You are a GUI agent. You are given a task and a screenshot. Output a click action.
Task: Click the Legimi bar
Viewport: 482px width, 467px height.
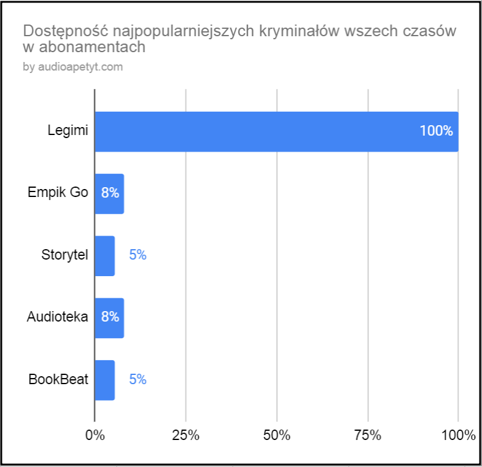pyautogui.click(x=276, y=131)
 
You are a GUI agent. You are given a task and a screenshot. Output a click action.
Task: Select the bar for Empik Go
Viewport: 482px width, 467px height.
pyautogui.click(x=109, y=193)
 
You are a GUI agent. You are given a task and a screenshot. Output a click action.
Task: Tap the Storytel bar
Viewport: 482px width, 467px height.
pyautogui.click(x=104, y=255)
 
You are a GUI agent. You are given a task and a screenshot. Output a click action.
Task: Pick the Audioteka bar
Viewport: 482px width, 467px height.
pyautogui.click(x=109, y=317)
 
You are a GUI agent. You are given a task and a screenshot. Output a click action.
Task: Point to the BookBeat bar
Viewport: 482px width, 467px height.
pyautogui.click(x=104, y=380)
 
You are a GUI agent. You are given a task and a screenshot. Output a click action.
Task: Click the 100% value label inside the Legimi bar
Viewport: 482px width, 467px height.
pyautogui.click(x=436, y=131)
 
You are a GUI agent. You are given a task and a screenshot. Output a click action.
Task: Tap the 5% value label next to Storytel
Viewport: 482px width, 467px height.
pyautogui.click(x=138, y=255)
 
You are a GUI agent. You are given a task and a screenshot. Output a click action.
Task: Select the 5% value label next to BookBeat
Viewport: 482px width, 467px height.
pyautogui.click(x=138, y=380)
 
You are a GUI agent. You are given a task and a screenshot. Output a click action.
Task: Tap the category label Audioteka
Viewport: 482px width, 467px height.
pyautogui.click(x=58, y=317)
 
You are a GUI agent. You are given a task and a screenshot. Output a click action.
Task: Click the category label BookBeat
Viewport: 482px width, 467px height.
pyautogui.click(x=58, y=380)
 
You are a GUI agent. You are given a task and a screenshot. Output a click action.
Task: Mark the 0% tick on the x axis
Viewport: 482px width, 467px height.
pyautogui.click(x=95, y=436)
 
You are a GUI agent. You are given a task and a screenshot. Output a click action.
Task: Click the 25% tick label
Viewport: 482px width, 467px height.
pyautogui.click(x=185, y=436)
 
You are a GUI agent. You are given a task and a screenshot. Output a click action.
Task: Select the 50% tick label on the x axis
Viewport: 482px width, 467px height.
pyautogui.click(x=276, y=436)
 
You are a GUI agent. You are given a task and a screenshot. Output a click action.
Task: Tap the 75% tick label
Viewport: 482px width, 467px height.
pyautogui.click(x=367, y=436)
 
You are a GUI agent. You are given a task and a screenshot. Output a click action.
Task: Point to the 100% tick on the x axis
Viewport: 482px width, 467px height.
pyautogui.click(x=458, y=436)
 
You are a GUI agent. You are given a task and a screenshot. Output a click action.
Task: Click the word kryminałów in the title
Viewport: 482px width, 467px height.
pyautogui.click(x=305, y=31)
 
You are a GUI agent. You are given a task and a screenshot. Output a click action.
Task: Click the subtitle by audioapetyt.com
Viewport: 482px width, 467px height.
pyautogui.click(x=73, y=68)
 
